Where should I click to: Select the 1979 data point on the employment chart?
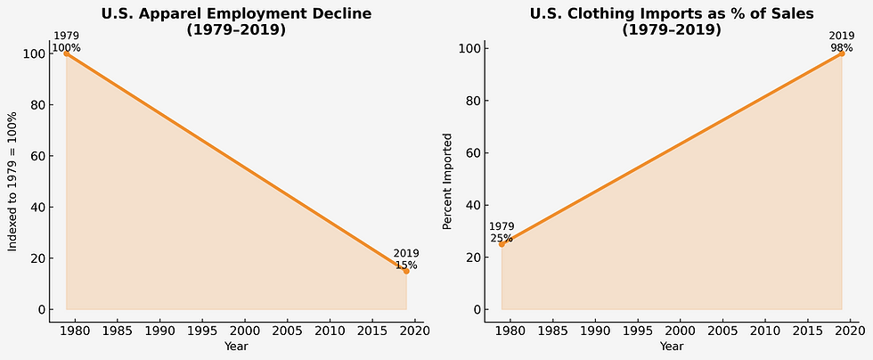66,53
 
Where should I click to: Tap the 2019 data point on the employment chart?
406,271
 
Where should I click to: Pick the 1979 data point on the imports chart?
502,244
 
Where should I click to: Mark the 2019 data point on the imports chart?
842,53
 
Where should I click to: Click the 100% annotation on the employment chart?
66,46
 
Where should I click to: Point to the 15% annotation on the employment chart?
406,265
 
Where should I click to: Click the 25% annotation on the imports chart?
502,238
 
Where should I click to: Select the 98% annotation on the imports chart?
842,46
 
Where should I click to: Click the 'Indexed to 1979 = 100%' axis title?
13,182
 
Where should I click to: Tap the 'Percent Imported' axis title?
448,182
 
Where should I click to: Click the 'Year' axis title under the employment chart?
236,346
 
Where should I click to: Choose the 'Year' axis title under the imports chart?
672,346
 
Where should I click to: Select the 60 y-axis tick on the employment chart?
38,156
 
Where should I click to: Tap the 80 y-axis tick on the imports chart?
475,101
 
